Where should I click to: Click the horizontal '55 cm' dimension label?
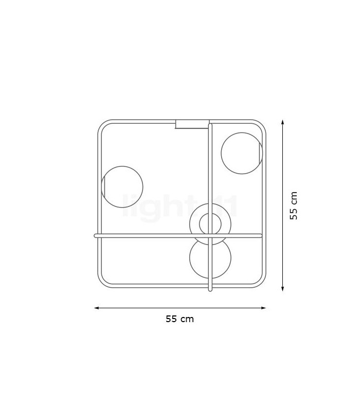point(179,319)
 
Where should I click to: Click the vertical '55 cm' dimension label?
point(294,206)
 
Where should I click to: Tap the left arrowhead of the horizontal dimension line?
point(96,308)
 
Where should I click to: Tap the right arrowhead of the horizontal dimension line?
point(264,308)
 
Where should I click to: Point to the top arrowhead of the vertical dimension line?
point(282,122)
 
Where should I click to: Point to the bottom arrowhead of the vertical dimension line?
point(282,289)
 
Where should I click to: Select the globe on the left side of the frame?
point(122,187)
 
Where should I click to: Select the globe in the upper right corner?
point(242,153)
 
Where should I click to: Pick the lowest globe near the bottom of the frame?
point(210,258)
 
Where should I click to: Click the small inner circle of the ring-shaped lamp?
point(210,224)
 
